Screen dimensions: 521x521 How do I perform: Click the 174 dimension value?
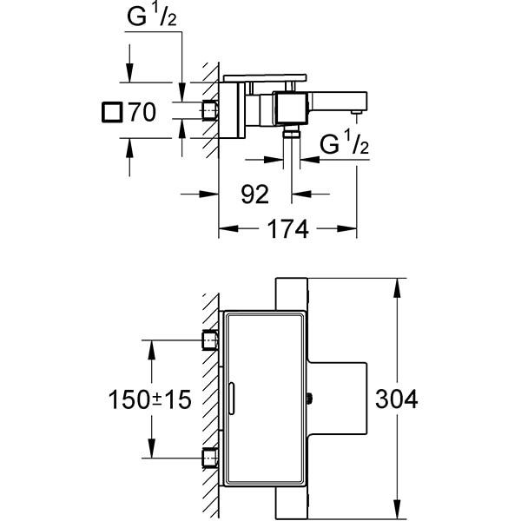point(287,229)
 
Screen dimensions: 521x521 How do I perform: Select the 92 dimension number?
point(254,194)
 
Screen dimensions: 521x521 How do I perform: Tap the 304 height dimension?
point(398,399)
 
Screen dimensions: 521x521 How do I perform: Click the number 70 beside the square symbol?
point(142,112)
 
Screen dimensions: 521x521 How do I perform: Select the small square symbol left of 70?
point(111,112)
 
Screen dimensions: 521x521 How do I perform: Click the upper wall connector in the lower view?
point(208,340)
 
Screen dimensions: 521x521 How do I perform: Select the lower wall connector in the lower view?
point(208,458)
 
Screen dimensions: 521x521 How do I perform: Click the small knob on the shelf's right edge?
point(310,399)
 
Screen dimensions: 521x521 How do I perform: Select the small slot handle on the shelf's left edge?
point(231,399)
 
